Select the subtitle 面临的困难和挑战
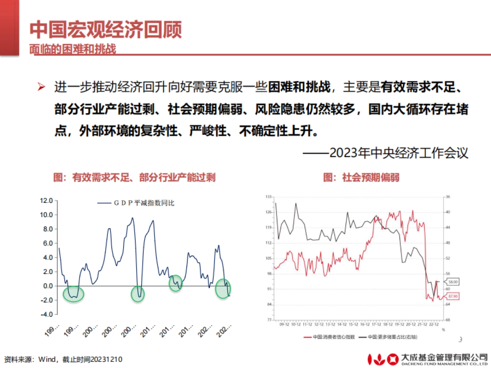click(72, 49)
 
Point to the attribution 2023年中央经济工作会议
click(385, 153)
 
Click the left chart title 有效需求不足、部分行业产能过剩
click(134, 177)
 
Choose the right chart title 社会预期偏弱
click(361, 177)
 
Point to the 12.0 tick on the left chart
click(46, 201)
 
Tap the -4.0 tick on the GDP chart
click(46, 314)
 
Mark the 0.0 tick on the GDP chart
click(47, 286)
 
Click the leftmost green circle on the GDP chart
click(74, 294)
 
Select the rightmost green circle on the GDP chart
click(223, 289)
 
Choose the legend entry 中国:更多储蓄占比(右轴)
click(387, 337)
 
